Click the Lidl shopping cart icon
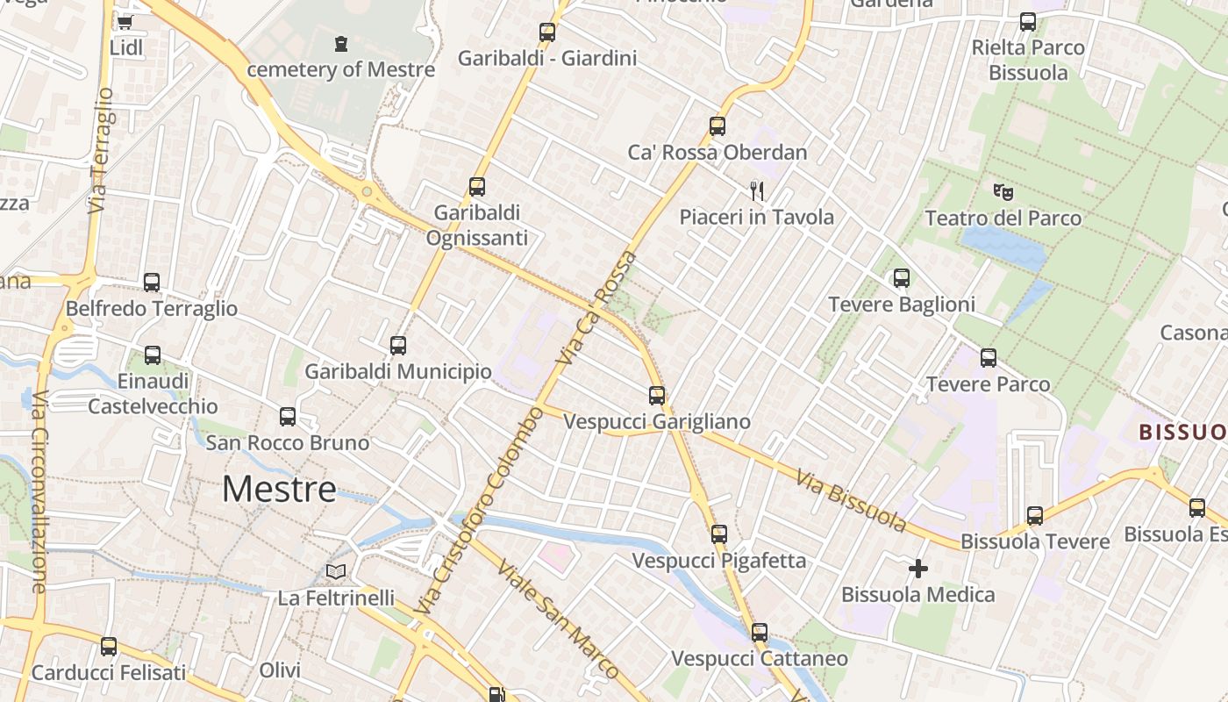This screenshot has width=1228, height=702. coord(125,22)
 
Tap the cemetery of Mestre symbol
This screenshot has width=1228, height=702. coord(341,43)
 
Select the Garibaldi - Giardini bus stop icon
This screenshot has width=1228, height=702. coord(547,32)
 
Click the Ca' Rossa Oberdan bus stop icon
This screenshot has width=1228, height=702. coord(718,126)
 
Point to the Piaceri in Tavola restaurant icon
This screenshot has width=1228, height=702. coord(757,190)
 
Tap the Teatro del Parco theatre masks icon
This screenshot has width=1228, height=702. coord(1003,191)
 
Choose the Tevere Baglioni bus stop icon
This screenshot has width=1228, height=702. coord(902,279)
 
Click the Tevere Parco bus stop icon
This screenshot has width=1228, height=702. coord(989,358)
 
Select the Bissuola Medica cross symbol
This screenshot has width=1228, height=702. coord(918,569)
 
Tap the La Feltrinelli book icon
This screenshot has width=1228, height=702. coord(336,572)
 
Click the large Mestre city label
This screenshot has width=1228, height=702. coord(279,489)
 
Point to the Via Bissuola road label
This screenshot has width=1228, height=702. coord(852,501)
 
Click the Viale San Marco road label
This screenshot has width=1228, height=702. coord(558,618)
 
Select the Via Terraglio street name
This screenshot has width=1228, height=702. coord(101,149)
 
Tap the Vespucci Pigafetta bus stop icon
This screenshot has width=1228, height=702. coord(719,534)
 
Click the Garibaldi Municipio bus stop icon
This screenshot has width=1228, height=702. coord(398,346)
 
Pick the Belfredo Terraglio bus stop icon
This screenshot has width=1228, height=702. coord(152,283)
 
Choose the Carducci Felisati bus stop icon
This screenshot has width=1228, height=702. coord(109,647)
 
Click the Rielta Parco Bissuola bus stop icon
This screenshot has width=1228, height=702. coord(1028,22)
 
